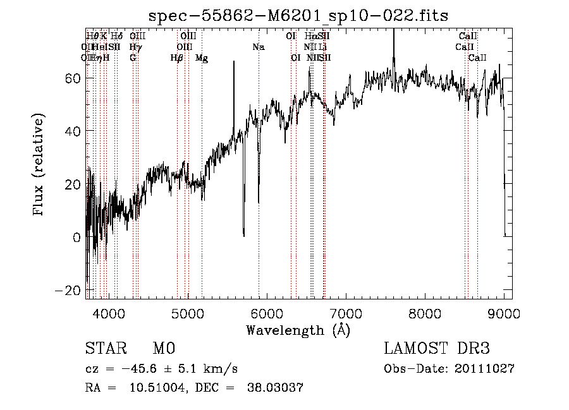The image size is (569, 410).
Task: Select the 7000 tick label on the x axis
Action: pos(346,313)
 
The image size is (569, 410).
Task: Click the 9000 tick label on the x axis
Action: pos(504,313)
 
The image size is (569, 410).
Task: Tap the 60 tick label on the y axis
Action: pos(73,78)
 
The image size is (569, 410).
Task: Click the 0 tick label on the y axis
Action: pos(76,237)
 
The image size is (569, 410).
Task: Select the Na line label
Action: pos(258,47)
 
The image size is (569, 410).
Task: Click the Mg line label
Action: pos(202,58)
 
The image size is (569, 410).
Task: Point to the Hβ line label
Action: pos(177,58)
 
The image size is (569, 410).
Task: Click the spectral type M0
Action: pos(164,349)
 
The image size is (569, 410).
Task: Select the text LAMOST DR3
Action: pos(437,349)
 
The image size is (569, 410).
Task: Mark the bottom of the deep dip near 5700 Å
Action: pos(244,235)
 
